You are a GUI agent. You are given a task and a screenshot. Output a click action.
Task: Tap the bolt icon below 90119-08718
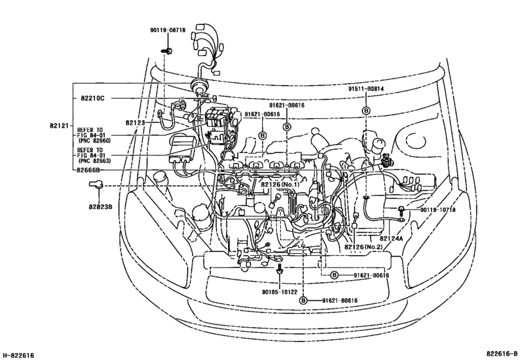[166, 49]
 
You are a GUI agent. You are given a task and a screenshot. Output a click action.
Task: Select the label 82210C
[93, 98]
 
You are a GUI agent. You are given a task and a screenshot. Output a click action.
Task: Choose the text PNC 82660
[94, 139]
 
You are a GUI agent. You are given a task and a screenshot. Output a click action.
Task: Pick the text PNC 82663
[94, 161]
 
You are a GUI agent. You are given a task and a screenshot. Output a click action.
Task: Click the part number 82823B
[102, 206]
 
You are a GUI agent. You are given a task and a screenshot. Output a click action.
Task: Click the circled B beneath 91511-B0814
[366, 111]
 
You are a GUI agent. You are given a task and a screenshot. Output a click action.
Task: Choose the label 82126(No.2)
[364, 247]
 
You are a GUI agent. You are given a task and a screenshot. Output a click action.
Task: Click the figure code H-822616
[19, 355]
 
